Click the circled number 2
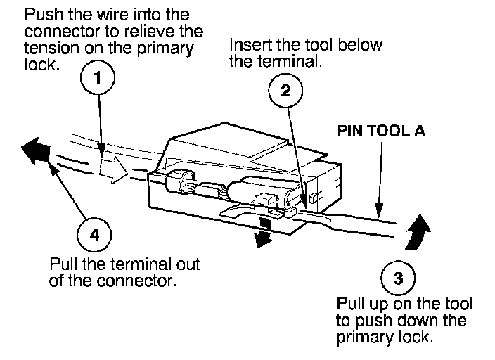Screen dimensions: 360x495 [x=285, y=90]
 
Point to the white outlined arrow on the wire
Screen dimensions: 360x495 [x=115, y=167]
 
